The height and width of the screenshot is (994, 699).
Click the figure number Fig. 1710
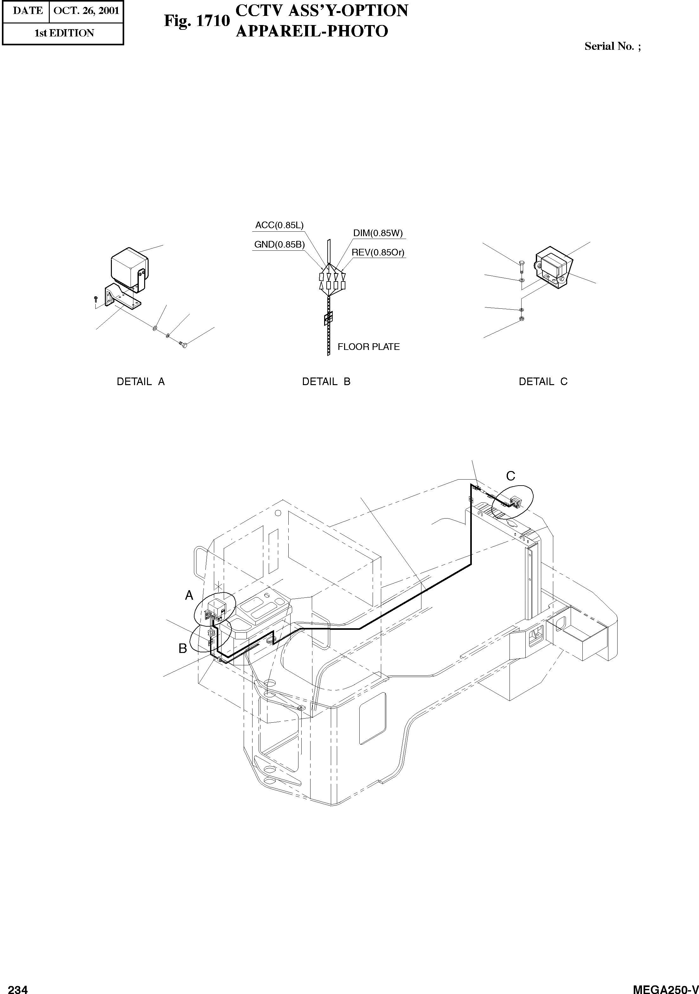[x=196, y=21]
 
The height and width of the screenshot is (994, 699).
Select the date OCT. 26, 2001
[x=86, y=11]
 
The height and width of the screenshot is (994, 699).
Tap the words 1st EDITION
[x=64, y=33]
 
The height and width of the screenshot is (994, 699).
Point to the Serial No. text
[x=612, y=46]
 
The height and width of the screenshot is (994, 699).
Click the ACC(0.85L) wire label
[x=279, y=225]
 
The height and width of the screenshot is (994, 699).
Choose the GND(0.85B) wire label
[x=279, y=245]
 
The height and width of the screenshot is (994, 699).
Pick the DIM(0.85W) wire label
[x=378, y=233]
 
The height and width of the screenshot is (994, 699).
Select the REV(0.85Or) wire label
[x=378, y=252]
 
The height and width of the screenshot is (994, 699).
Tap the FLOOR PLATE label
[x=368, y=347]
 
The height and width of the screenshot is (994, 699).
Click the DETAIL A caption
[x=141, y=382]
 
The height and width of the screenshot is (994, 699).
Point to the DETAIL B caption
[x=326, y=382]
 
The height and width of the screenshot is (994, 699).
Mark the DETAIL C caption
[x=543, y=382]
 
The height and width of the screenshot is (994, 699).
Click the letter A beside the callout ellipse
[x=189, y=596]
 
